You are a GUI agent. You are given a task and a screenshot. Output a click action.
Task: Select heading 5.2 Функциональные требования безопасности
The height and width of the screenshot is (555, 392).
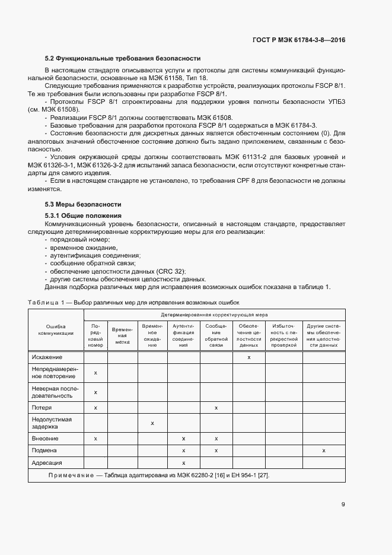click(x=123, y=58)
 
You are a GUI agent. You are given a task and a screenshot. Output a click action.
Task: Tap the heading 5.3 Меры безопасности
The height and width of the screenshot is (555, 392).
click(x=83, y=204)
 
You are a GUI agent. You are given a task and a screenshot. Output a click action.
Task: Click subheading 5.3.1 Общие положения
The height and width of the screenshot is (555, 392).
click(x=83, y=215)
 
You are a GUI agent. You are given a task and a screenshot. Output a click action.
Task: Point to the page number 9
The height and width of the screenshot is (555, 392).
click(x=343, y=505)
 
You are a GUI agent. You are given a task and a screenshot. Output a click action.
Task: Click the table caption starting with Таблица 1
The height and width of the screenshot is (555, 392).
click(x=129, y=303)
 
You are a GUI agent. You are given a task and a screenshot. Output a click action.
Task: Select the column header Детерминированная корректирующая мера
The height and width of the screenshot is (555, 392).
click(x=214, y=314)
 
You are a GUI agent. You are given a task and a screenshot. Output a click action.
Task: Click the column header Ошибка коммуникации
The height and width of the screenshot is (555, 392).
click(x=56, y=329)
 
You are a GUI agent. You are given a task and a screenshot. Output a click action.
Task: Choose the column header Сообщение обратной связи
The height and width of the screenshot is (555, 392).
click(x=216, y=335)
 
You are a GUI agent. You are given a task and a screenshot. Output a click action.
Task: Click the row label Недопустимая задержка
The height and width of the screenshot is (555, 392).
click(x=52, y=423)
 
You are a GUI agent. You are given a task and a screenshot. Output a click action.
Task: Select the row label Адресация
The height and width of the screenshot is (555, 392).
click(x=47, y=462)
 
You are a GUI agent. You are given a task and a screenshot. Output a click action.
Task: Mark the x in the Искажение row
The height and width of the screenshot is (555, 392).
click(x=248, y=357)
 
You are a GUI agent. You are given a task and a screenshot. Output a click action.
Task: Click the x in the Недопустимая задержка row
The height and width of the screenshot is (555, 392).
click(x=152, y=423)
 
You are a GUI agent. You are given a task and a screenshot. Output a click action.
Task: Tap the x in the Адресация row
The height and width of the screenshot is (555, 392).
click(x=183, y=462)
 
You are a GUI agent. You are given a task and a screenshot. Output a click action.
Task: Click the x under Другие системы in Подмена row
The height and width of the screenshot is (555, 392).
click(x=323, y=451)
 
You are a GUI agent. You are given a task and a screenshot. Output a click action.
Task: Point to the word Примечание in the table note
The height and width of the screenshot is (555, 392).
click(x=71, y=475)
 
